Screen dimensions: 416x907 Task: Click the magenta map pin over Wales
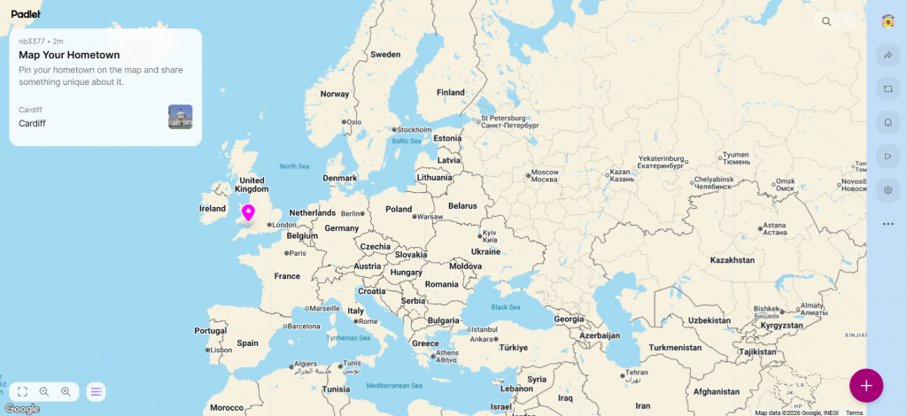click(x=248, y=212)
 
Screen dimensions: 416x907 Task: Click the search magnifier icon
click(x=826, y=22)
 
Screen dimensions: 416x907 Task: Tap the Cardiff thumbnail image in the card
click(x=180, y=117)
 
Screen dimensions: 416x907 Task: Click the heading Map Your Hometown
click(x=69, y=55)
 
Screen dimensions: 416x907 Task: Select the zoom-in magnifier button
click(x=66, y=391)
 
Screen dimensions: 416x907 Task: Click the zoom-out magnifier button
click(x=43, y=391)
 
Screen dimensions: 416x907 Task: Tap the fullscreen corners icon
click(x=22, y=391)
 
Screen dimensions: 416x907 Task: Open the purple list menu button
click(x=96, y=391)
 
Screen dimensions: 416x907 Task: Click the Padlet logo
click(x=26, y=14)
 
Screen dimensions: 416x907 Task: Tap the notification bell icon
click(x=888, y=122)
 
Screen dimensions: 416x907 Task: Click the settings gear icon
click(x=888, y=189)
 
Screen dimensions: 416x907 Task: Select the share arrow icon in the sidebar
click(x=888, y=56)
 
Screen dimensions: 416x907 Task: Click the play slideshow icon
click(x=888, y=156)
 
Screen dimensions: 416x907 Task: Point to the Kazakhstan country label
click(x=732, y=260)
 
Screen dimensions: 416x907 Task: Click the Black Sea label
click(x=506, y=307)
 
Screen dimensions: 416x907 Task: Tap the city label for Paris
click(x=296, y=253)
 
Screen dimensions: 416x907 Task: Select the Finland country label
click(x=450, y=92)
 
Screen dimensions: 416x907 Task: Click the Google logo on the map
click(x=22, y=408)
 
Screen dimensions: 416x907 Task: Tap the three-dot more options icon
click(x=888, y=224)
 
